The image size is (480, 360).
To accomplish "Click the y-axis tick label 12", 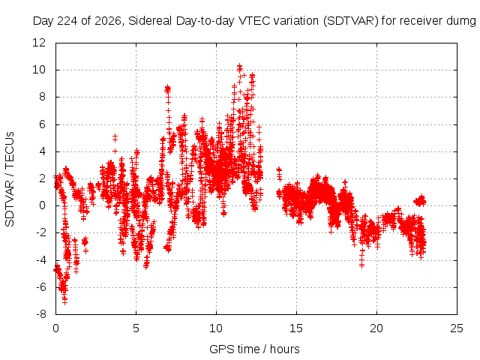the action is (x=39, y=43).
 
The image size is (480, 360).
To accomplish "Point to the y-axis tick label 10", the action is (x=39, y=70).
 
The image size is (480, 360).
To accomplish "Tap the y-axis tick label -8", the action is (x=40, y=314).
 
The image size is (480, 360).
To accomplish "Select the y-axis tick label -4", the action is (x=40, y=260).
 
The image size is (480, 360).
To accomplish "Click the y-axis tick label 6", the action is (x=42, y=124).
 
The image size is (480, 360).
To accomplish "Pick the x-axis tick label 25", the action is (x=457, y=328).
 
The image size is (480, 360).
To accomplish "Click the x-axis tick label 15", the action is (x=296, y=328).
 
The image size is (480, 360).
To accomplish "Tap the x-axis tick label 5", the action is (x=136, y=328).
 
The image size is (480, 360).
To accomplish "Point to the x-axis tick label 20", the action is (x=376, y=328).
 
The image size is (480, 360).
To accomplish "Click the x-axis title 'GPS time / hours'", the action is (x=254, y=349).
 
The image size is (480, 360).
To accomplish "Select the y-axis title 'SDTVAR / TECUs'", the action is (x=10, y=179).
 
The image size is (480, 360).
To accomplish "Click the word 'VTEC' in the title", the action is (x=255, y=21).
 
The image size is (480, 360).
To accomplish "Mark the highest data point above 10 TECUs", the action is (x=240, y=66).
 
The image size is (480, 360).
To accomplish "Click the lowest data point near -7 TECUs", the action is (x=64, y=301).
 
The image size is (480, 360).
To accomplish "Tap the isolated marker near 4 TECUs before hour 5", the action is (x=115, y=151).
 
